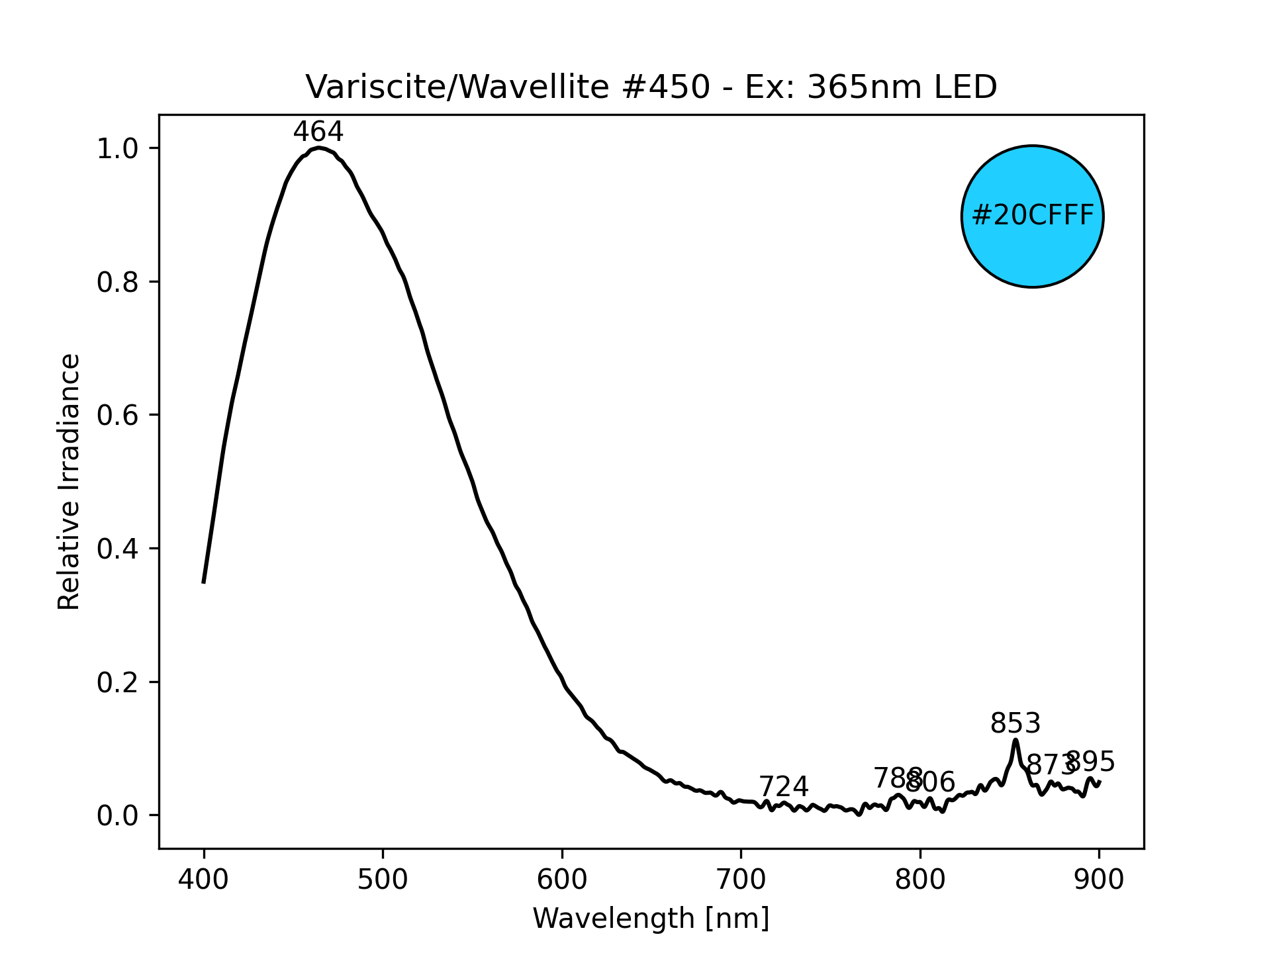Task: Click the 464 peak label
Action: (x=318, y=132)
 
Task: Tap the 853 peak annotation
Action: (x=1015, y=723)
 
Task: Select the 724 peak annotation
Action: (x=783, y=787)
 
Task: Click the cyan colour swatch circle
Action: (x=1032, y=216)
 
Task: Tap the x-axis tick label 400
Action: (x=204, y=880)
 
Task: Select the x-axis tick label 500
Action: (x=383, y=880)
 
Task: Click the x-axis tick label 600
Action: (x=562, y=880)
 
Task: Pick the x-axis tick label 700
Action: (x=741, y=880)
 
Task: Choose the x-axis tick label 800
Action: (x=920, y=880)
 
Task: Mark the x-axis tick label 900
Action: (x=1099, y=880)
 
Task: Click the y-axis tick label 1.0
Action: (x=118, y=148)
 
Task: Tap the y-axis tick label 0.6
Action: (x=118, y=416)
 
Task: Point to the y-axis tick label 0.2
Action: (x=118, y=682)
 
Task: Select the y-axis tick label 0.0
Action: (x=118, y=816)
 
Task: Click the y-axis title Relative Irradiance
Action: (x=69, y=481)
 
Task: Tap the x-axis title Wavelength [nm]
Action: (x=651, y=919)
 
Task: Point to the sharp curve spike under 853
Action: (x=1015, y=741)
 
